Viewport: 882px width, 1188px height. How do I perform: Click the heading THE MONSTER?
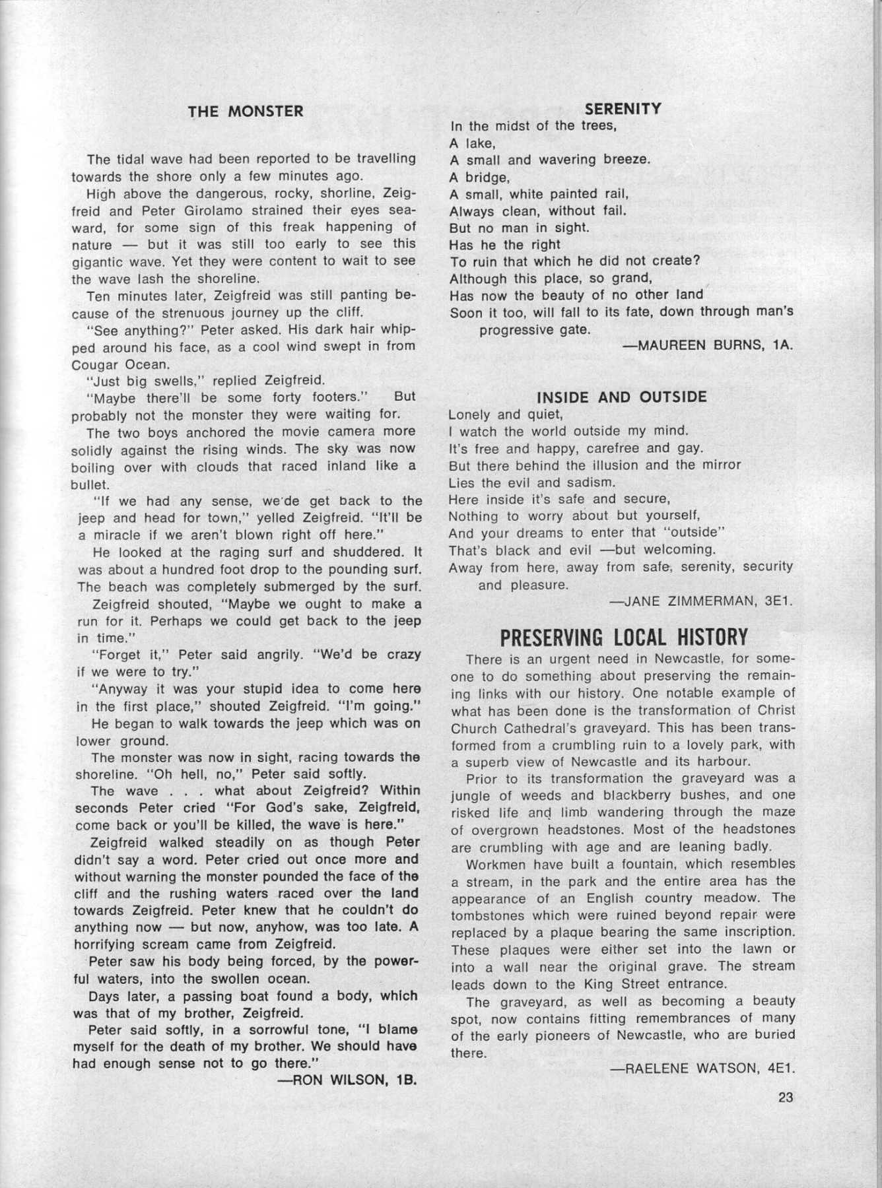246,111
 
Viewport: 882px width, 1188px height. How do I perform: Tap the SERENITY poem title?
623,109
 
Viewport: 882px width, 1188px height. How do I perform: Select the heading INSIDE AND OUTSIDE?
622,397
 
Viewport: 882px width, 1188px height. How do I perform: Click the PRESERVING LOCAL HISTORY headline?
623,638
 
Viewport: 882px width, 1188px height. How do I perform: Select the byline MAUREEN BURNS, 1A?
707,345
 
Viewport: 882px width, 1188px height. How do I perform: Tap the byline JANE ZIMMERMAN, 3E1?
700,601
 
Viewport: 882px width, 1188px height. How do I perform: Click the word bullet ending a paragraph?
90,484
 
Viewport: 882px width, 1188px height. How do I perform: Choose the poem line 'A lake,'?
472,143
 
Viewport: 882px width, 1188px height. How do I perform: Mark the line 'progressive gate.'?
534,329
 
